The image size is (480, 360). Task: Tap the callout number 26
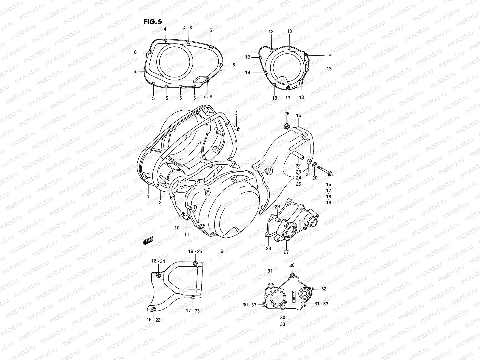coord(287,114)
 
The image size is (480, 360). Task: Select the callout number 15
coord(298,115)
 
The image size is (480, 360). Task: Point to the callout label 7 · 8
coord(207,97)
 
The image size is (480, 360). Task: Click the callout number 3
coord(236,113)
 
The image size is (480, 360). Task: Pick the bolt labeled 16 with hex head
coord(325,170)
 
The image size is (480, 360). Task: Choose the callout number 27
coord(286,252)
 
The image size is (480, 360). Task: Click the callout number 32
coord(323,289)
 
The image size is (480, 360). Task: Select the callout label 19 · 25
coord(195,251)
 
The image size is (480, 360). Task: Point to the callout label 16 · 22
coord(154,320)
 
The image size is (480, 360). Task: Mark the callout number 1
coord(148,196)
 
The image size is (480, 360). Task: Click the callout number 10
coord(177,228)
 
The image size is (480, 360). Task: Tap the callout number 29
coord(277,207)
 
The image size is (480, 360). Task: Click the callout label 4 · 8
coord(188,28)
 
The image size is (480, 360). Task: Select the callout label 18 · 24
coord(158,261)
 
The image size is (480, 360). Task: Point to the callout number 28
coord(268,248)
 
